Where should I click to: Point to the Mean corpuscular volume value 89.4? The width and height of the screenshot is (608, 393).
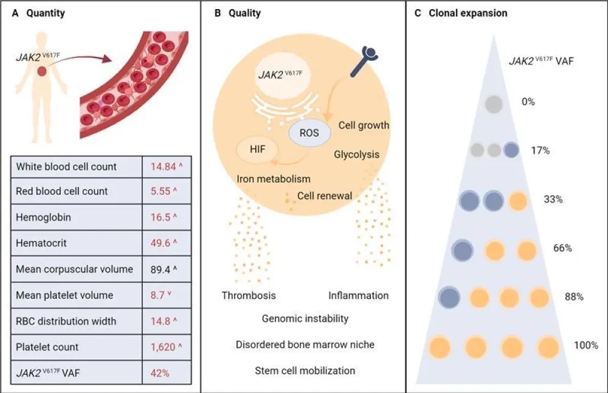[159, 269]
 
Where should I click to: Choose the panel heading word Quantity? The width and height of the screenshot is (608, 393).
[46, 13]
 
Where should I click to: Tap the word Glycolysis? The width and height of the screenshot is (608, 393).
[356, 155]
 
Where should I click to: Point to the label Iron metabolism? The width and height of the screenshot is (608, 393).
[274, 179]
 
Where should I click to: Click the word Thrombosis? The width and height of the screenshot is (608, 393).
[249, 296]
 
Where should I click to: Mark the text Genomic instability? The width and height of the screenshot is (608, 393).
[305, 318]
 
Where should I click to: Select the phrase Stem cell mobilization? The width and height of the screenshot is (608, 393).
[305, 370]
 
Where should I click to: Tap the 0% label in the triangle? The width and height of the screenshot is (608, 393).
[528, 102]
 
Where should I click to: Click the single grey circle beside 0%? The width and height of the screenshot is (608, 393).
[494, 105]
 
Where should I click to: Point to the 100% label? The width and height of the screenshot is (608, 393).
[586, 346]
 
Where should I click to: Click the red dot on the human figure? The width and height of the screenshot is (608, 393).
[40, 72]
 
